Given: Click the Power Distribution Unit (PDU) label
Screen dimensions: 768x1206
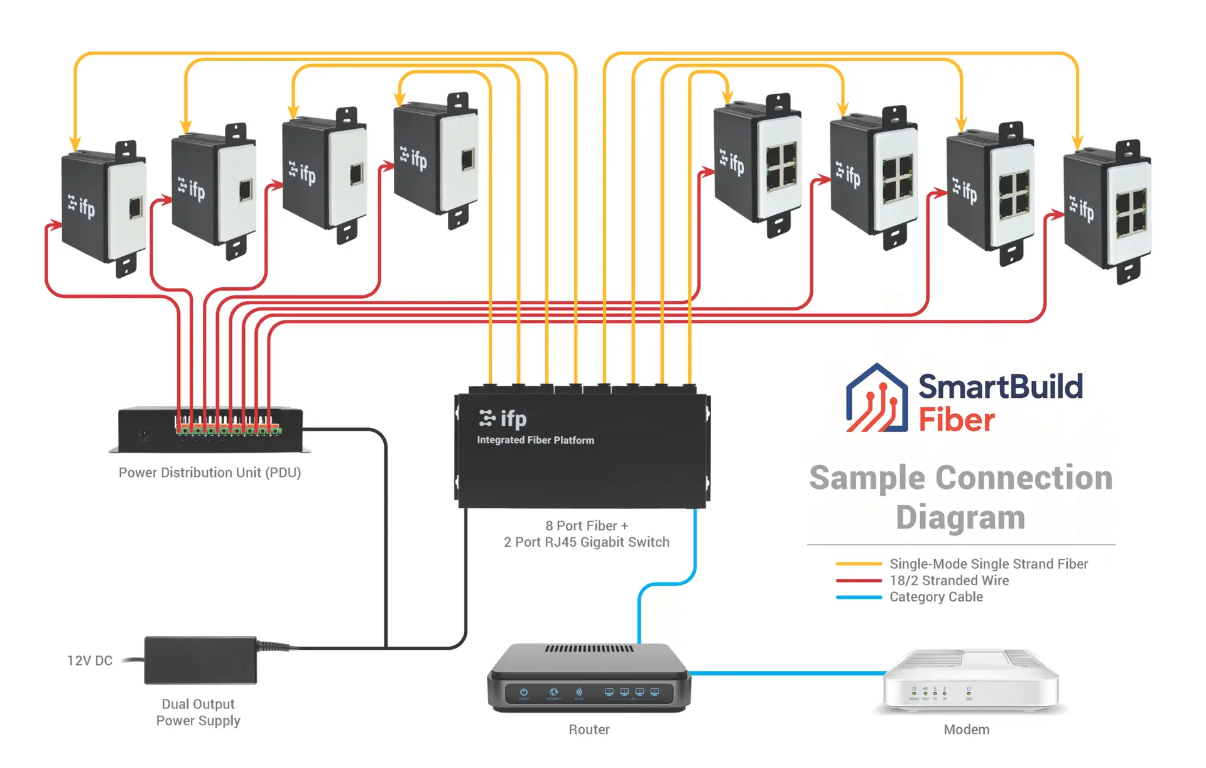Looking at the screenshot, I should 210,473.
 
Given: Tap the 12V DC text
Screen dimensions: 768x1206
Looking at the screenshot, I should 90,661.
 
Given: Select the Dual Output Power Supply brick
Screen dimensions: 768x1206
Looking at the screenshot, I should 200,660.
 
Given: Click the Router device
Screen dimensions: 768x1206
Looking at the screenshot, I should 589,679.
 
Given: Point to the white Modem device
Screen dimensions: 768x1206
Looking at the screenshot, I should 971,681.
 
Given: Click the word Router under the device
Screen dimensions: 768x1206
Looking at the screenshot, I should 589,730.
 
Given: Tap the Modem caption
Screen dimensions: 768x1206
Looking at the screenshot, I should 966,730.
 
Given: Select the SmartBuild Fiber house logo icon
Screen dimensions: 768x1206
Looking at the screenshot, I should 877,398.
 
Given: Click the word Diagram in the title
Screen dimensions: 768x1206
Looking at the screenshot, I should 960,517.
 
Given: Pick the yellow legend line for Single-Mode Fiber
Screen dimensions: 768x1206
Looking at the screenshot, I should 859,564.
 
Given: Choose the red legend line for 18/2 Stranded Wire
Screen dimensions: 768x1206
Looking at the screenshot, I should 859,581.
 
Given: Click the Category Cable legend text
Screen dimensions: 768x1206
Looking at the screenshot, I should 936,597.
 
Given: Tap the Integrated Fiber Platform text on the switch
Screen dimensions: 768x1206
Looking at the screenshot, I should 535,440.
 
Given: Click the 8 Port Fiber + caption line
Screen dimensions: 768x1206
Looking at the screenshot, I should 587,525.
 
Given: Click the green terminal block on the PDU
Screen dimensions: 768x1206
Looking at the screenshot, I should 229,431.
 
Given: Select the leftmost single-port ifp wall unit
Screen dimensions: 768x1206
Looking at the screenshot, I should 104,207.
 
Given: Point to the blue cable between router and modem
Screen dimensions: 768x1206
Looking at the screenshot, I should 785,673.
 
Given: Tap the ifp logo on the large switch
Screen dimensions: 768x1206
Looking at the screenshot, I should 503,419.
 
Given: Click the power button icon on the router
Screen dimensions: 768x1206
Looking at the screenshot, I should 524,692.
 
